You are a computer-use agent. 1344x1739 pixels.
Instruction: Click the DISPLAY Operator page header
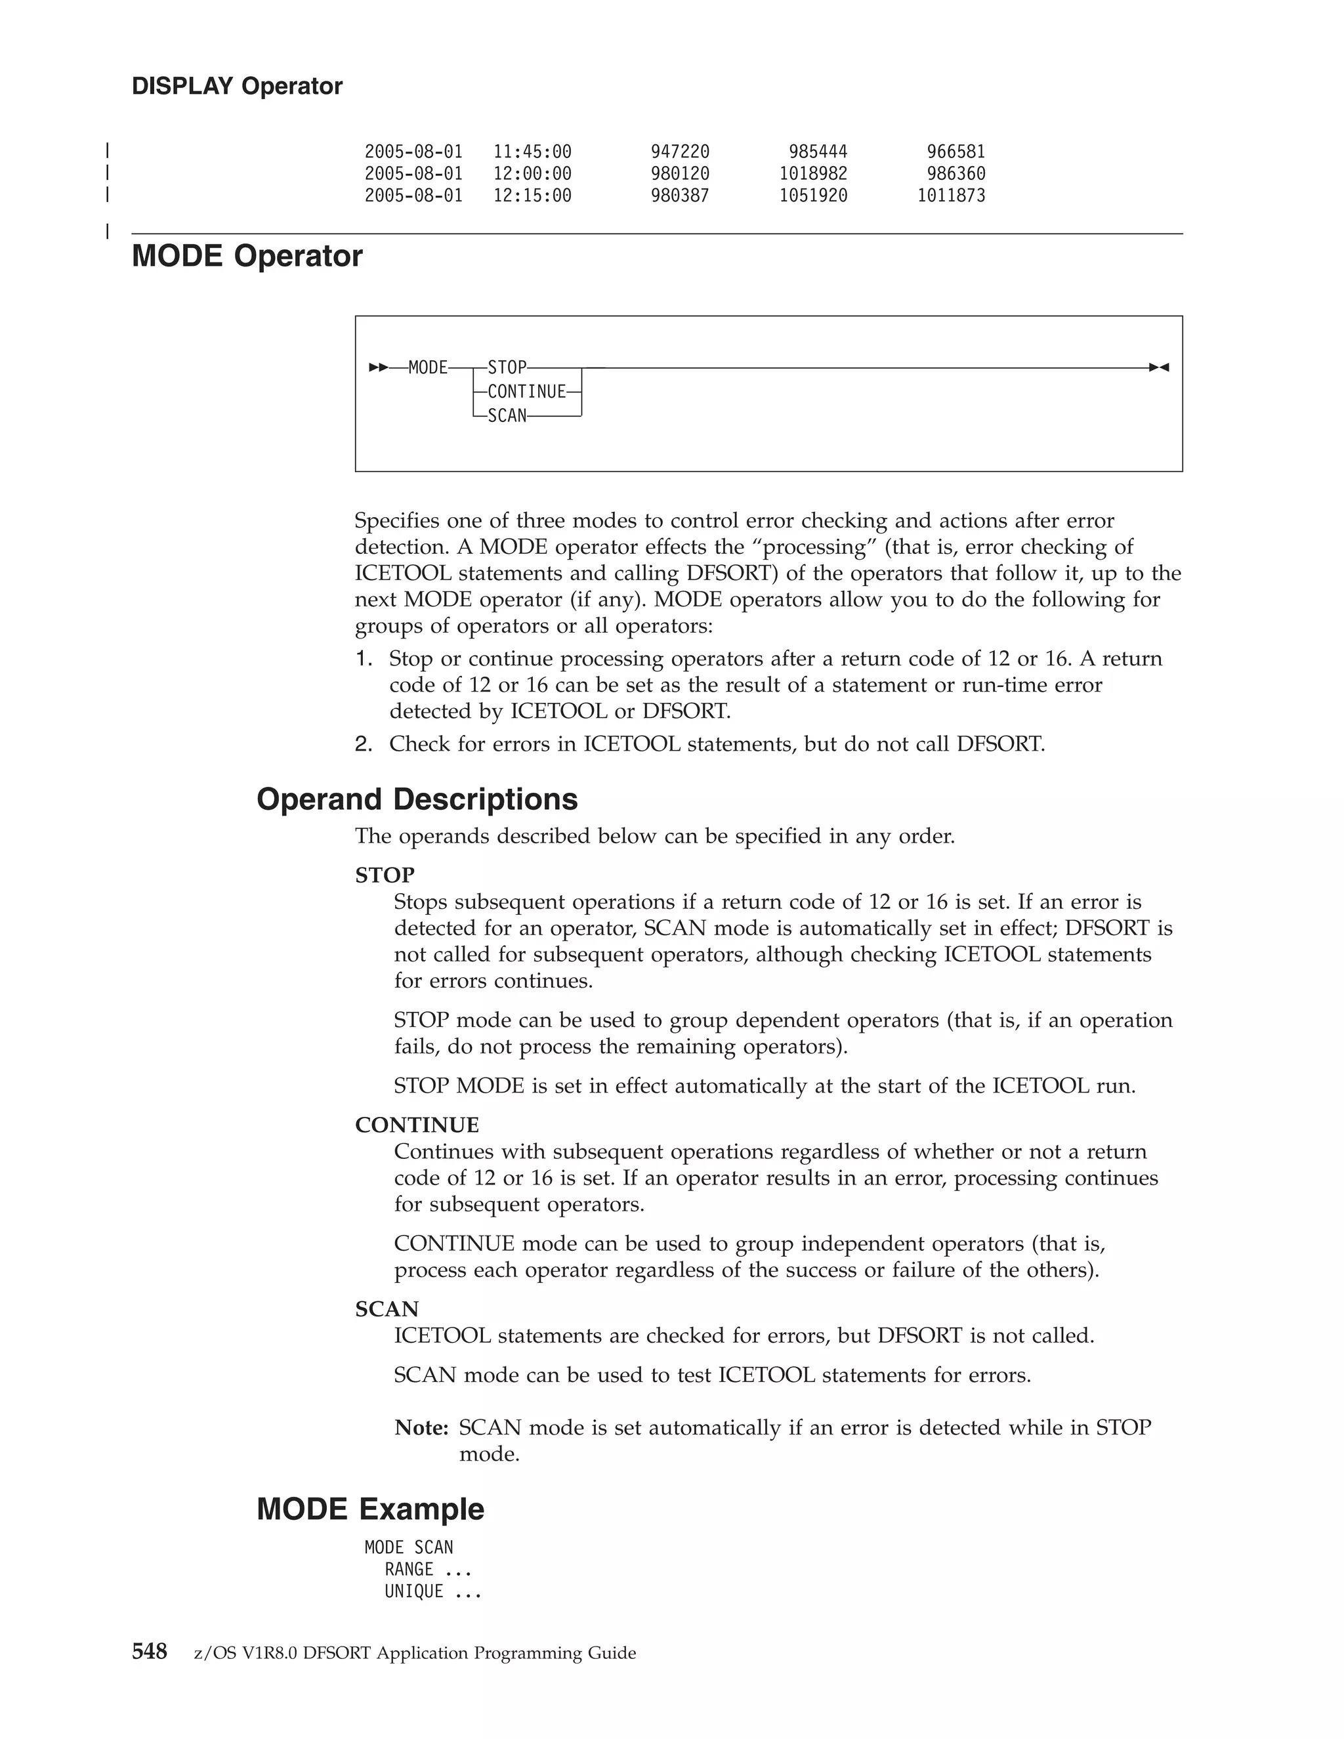pos(236,86)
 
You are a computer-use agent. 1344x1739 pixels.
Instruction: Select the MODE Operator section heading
pos(247,257)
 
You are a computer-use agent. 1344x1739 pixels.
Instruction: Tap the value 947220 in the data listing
pos(679,152)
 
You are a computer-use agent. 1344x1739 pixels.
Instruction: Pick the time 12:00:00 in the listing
pos(532,174)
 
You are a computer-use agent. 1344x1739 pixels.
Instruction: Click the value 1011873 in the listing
pos(951,196)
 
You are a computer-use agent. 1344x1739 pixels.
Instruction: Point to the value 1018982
pos(813,174)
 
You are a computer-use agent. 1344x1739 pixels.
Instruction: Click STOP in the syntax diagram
pos(507,368)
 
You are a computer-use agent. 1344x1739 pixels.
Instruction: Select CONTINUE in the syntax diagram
pos(526,392)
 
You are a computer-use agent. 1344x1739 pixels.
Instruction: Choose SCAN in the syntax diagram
pos(507,415)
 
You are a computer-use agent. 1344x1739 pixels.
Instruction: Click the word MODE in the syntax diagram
pos(428,368)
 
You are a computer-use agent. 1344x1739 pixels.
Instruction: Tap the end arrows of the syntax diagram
pos(1158,368)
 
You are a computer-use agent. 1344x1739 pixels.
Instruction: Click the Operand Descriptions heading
pos(417,799)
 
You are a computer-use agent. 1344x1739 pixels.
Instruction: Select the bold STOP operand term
pos(385,875)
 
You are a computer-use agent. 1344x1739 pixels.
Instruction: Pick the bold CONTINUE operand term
pos(417,1125)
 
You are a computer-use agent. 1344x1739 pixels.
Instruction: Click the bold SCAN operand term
pos(386,1309)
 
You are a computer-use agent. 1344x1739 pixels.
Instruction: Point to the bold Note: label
pos(421,1428)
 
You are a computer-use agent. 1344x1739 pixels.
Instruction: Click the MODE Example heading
pos(370,1509)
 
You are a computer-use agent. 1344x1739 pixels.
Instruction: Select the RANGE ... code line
pos(428,1570)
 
